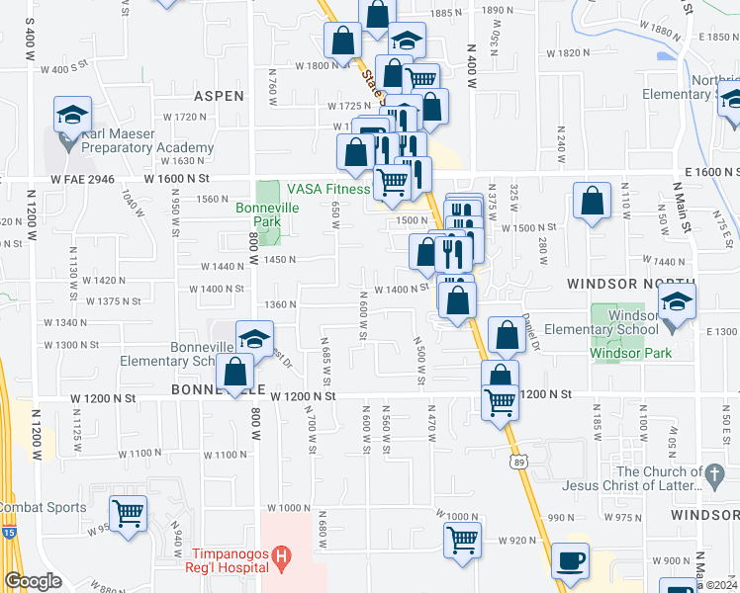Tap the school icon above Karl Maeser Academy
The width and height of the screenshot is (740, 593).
72,115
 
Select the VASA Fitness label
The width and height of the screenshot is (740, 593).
328,189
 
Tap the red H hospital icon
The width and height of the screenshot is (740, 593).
282,560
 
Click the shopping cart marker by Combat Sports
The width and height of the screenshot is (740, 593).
128,513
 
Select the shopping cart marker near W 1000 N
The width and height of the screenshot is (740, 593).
462,540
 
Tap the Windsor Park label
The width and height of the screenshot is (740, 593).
630,353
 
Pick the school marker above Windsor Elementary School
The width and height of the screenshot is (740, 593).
678,301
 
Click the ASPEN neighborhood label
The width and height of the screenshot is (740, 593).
219,96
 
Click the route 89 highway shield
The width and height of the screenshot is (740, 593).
517,461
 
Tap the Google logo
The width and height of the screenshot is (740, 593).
34,581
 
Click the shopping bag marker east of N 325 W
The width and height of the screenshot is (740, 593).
591,202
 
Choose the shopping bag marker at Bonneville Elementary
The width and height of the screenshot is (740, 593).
235,373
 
